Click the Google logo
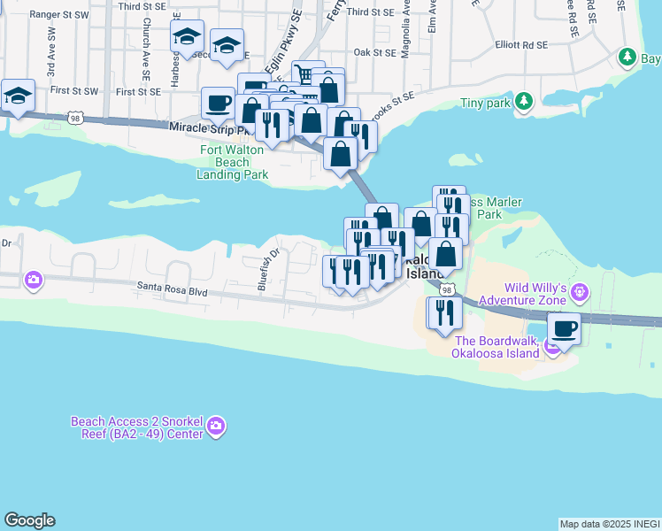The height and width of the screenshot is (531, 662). click(29, 521)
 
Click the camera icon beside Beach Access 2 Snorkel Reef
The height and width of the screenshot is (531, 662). click(215, 428)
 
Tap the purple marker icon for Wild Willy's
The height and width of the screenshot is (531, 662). click(581, 289)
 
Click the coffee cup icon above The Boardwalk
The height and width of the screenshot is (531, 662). click(564, 328)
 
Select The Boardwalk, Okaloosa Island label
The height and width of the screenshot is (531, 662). click(496, 347)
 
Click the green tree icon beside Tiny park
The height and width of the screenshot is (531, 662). click(524, 103)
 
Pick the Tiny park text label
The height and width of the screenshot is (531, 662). click(486, 104)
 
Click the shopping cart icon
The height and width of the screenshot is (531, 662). click(306, 74)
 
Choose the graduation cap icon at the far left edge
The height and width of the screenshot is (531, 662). click(17, 95)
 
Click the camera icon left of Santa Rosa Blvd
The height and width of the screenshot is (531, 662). click(34, 281)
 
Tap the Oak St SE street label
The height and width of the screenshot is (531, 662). click(373, 52)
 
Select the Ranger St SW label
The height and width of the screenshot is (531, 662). click(59, 15)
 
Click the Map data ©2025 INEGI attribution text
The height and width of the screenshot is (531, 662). click(609, 524)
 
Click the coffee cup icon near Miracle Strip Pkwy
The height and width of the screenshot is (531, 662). click(218, 103)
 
